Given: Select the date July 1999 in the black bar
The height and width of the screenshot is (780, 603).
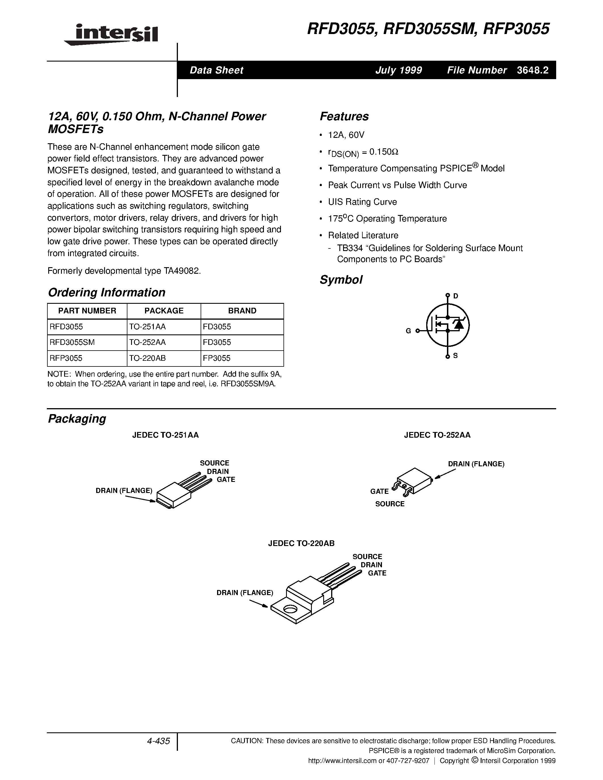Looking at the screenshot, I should point(398,70).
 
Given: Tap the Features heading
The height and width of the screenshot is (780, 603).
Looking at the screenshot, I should point(344,116).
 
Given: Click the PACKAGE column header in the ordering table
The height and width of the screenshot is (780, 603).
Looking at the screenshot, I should point(164,311).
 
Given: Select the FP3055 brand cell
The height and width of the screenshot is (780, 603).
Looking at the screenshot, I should point(217,358).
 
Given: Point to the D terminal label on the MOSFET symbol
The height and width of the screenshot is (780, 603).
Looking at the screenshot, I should point(455,296).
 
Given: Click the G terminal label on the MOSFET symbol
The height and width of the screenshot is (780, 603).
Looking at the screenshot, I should point(408,331).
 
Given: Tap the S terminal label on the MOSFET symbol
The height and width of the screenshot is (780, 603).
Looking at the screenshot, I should point(455,356).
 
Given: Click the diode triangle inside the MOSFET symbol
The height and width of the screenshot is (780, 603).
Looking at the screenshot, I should point(458,324).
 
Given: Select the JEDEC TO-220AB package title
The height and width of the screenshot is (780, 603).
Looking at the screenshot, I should point(301,543).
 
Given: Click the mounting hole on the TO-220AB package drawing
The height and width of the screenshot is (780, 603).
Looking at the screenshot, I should point(290,609).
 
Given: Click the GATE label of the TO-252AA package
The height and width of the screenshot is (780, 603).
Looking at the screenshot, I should point(379,492).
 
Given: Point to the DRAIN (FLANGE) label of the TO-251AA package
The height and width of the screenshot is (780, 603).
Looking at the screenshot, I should point(124,490).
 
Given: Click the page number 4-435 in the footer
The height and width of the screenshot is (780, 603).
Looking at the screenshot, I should point(158,741).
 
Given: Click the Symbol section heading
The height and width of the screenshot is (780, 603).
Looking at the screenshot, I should point(341,280).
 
